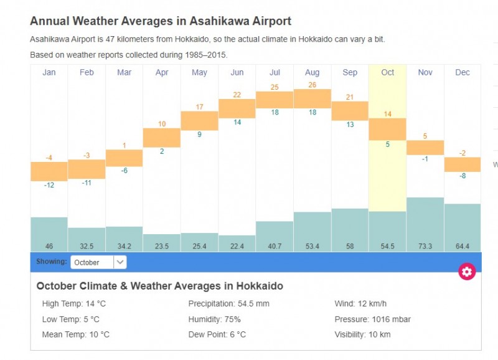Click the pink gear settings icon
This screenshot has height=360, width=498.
[x=467, y=272]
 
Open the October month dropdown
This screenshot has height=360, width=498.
[x=98, y=262]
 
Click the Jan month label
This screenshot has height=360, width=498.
[x=49, y=72]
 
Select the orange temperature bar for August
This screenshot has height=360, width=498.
[x=312, y=98]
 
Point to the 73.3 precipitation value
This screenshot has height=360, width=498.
[x=425, y=247]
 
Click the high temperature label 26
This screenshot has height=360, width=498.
[x=312, y=85]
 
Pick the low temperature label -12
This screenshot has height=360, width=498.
[x=49, y=185]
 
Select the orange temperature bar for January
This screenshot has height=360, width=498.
[x=49, y=171]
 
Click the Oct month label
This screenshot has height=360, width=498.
[x=387, y=72]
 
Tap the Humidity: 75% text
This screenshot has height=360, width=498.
[x=214, y=320]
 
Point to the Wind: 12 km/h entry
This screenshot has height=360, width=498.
[x=360, y=304]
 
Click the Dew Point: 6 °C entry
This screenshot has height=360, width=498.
[x=217, y=334]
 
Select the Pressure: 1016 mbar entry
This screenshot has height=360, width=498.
[x=372, y=320]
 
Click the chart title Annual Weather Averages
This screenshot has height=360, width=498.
[x=161, y=21]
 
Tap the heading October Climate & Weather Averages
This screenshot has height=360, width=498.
[x=159, y=287]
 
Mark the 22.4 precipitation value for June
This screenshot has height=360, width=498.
[x=237, y=247]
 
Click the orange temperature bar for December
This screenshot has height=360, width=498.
[x=463, y=164]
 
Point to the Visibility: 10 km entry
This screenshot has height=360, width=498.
[x=363, y=334]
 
